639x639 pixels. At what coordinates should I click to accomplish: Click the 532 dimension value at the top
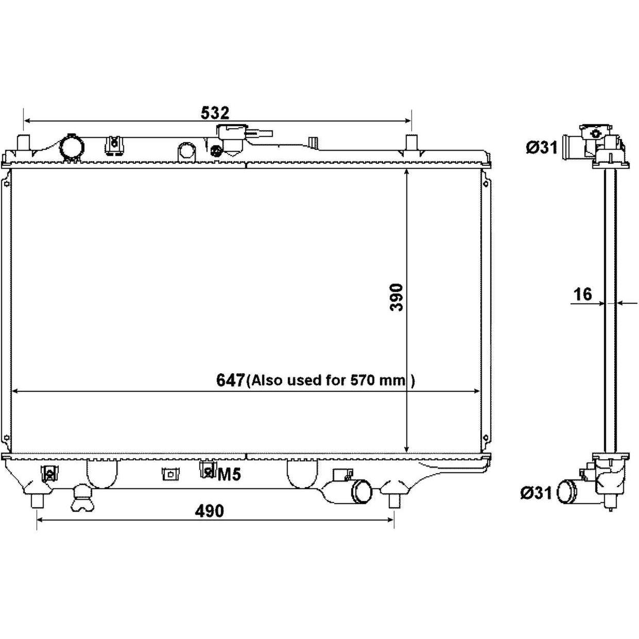(215, 113)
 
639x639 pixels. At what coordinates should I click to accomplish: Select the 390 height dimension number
(396, 297)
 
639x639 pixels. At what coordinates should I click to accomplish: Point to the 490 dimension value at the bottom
(209, 511)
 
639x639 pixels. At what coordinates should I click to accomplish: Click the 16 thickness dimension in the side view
(583, 294)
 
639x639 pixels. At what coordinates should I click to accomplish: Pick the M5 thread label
(229, 475)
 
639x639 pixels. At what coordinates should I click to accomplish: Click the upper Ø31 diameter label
(542, 147)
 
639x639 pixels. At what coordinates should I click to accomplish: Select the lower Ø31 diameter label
(536, 493)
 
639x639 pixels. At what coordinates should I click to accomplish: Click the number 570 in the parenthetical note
(361, 380)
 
